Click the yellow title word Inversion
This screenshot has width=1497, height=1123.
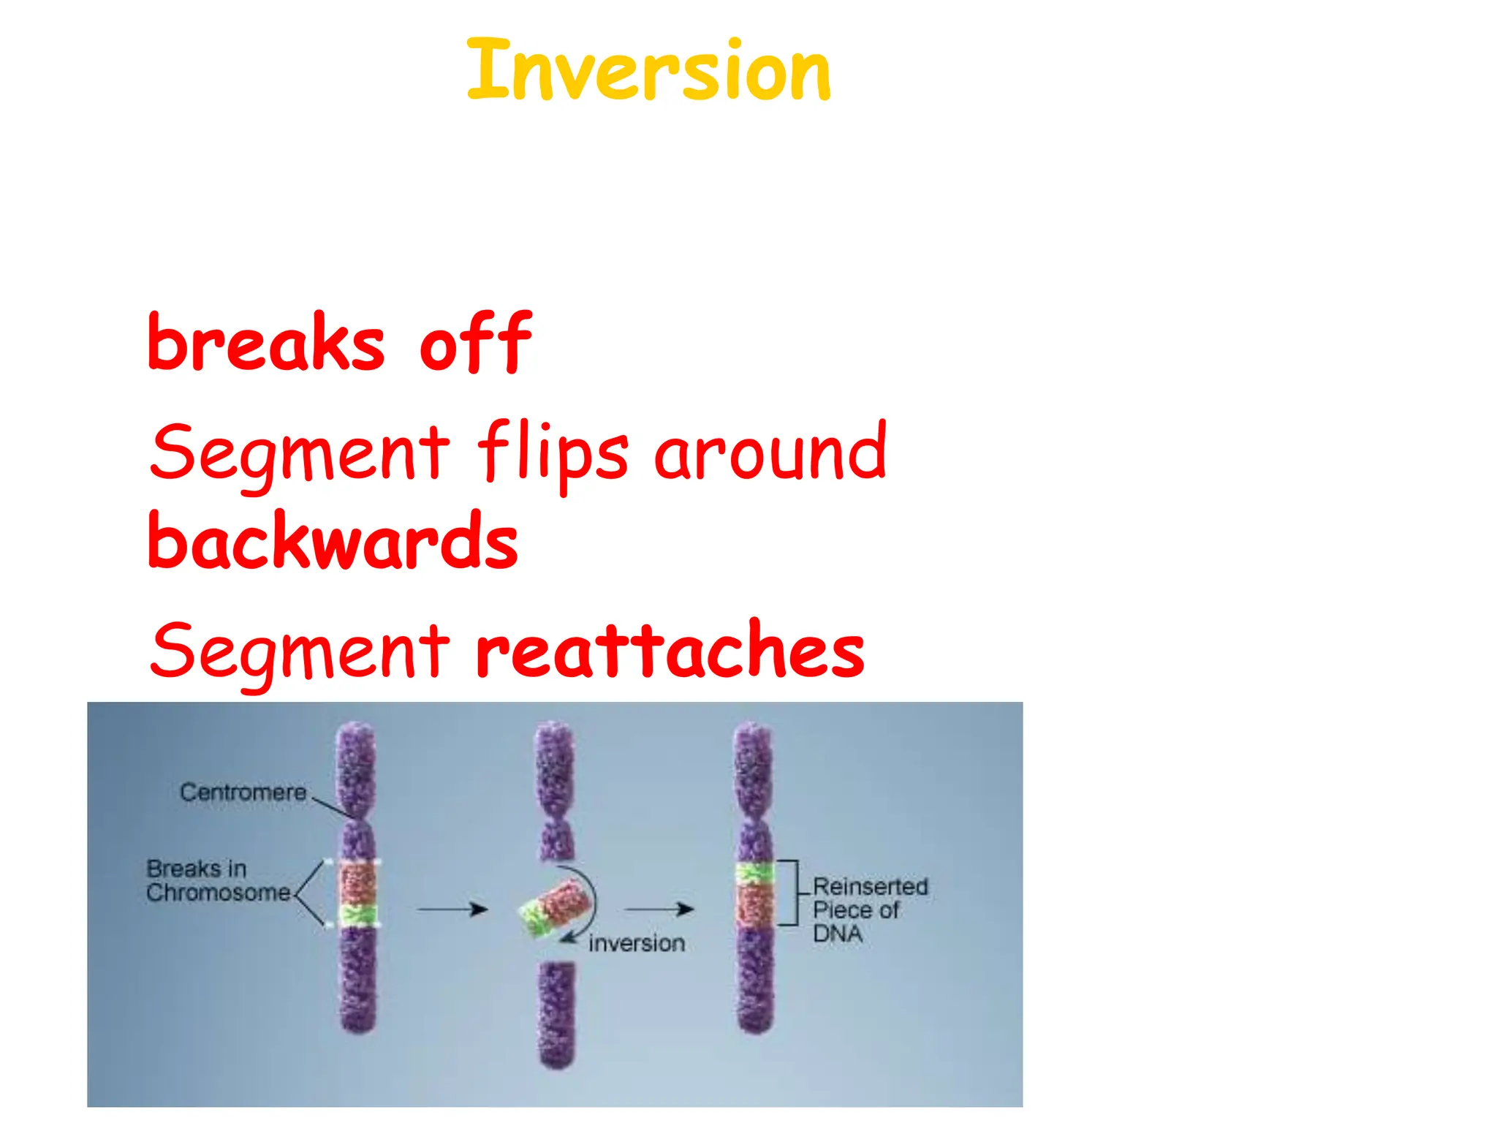648,71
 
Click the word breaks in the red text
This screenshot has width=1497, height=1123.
265,342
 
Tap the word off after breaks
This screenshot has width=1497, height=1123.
475,342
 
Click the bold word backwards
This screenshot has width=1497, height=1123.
333,541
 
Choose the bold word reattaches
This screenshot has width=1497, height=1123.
669,649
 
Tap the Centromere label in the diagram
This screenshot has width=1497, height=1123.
243,792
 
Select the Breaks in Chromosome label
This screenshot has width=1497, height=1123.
218,880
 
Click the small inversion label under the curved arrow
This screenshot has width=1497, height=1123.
636,943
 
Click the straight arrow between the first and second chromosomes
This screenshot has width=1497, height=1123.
452,909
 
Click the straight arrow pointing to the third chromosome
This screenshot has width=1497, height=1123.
659,909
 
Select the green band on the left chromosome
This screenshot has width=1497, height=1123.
357,915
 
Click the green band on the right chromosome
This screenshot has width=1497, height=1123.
754,872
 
